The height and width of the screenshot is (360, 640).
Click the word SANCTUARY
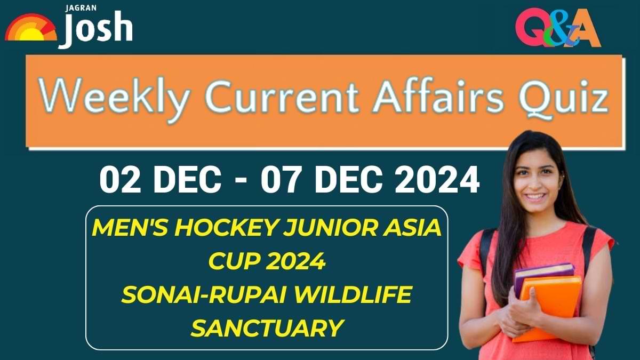click(x=266, y=327)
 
